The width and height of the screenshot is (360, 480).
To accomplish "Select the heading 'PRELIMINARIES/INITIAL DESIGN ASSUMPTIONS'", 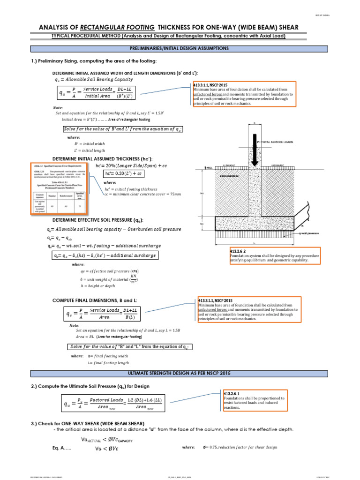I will coord(180,48).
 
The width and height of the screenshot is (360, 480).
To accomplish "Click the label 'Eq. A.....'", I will coord(63,448).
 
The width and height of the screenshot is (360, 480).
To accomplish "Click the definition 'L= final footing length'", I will coord(108,363).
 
